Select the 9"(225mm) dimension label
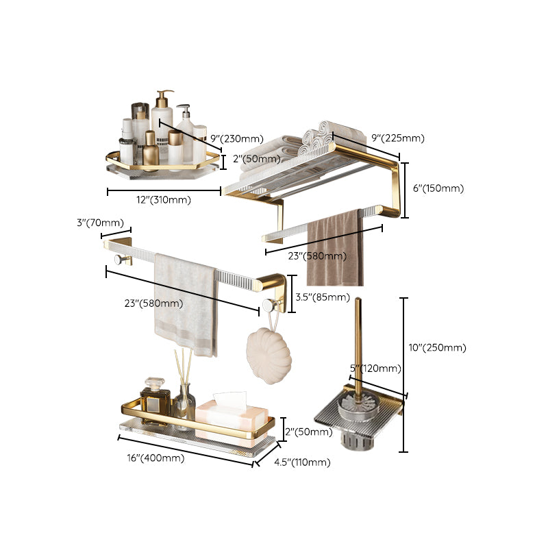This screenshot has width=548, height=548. (397, 138)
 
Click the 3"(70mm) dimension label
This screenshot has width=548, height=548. (100, 223)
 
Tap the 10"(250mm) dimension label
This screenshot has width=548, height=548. (437, 347)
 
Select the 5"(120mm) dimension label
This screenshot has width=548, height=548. (375, 369)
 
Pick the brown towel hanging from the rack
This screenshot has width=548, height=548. (334, 250)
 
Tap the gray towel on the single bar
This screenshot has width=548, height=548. (185, 301)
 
